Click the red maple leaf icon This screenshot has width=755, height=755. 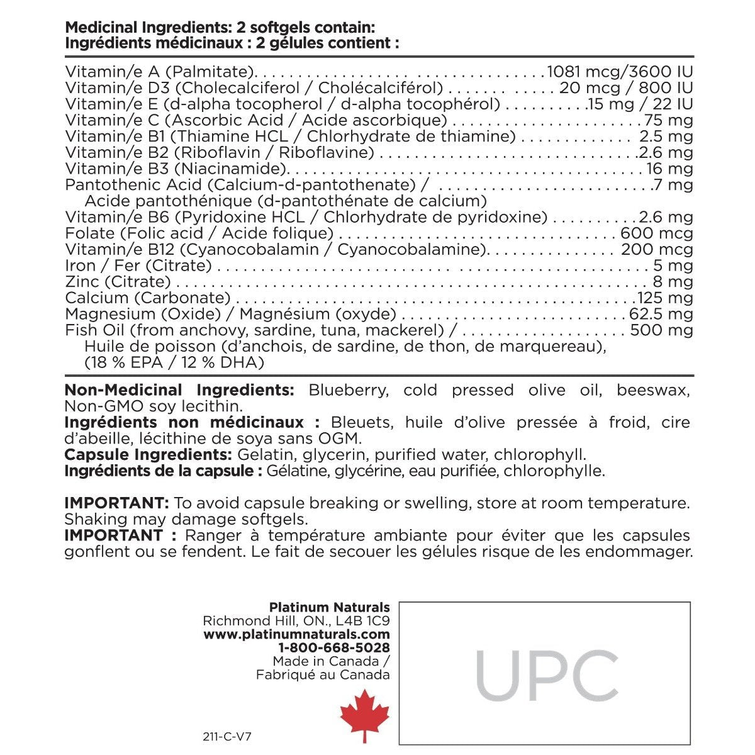coord(364,715)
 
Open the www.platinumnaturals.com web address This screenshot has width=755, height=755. coord(296,634)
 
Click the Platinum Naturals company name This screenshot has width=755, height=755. coord(329,607)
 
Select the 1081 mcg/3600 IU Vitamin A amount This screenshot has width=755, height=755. coord(620,71)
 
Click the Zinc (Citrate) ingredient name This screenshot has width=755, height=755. coord(118,282)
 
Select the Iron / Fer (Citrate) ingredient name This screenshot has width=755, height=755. coord(138,266)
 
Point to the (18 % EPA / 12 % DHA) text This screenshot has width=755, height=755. coord(174,363)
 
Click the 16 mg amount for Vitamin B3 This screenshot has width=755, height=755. coord(670,169)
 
